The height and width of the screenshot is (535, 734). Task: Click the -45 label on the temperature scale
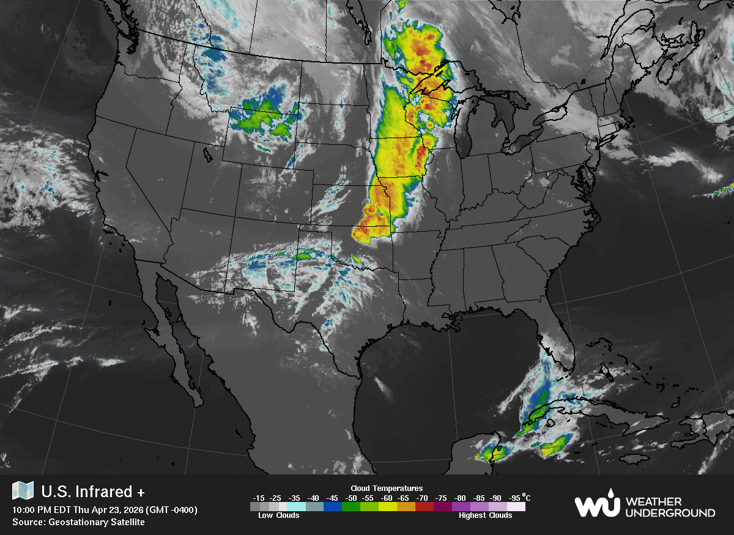333,498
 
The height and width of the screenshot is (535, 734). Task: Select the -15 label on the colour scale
259,498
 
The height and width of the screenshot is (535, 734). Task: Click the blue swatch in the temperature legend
333,507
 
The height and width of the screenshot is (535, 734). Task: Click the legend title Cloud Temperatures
387,488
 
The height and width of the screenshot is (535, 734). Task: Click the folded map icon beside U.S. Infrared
23,490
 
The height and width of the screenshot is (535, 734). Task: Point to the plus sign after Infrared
141,492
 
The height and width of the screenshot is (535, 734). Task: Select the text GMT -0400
173,510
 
